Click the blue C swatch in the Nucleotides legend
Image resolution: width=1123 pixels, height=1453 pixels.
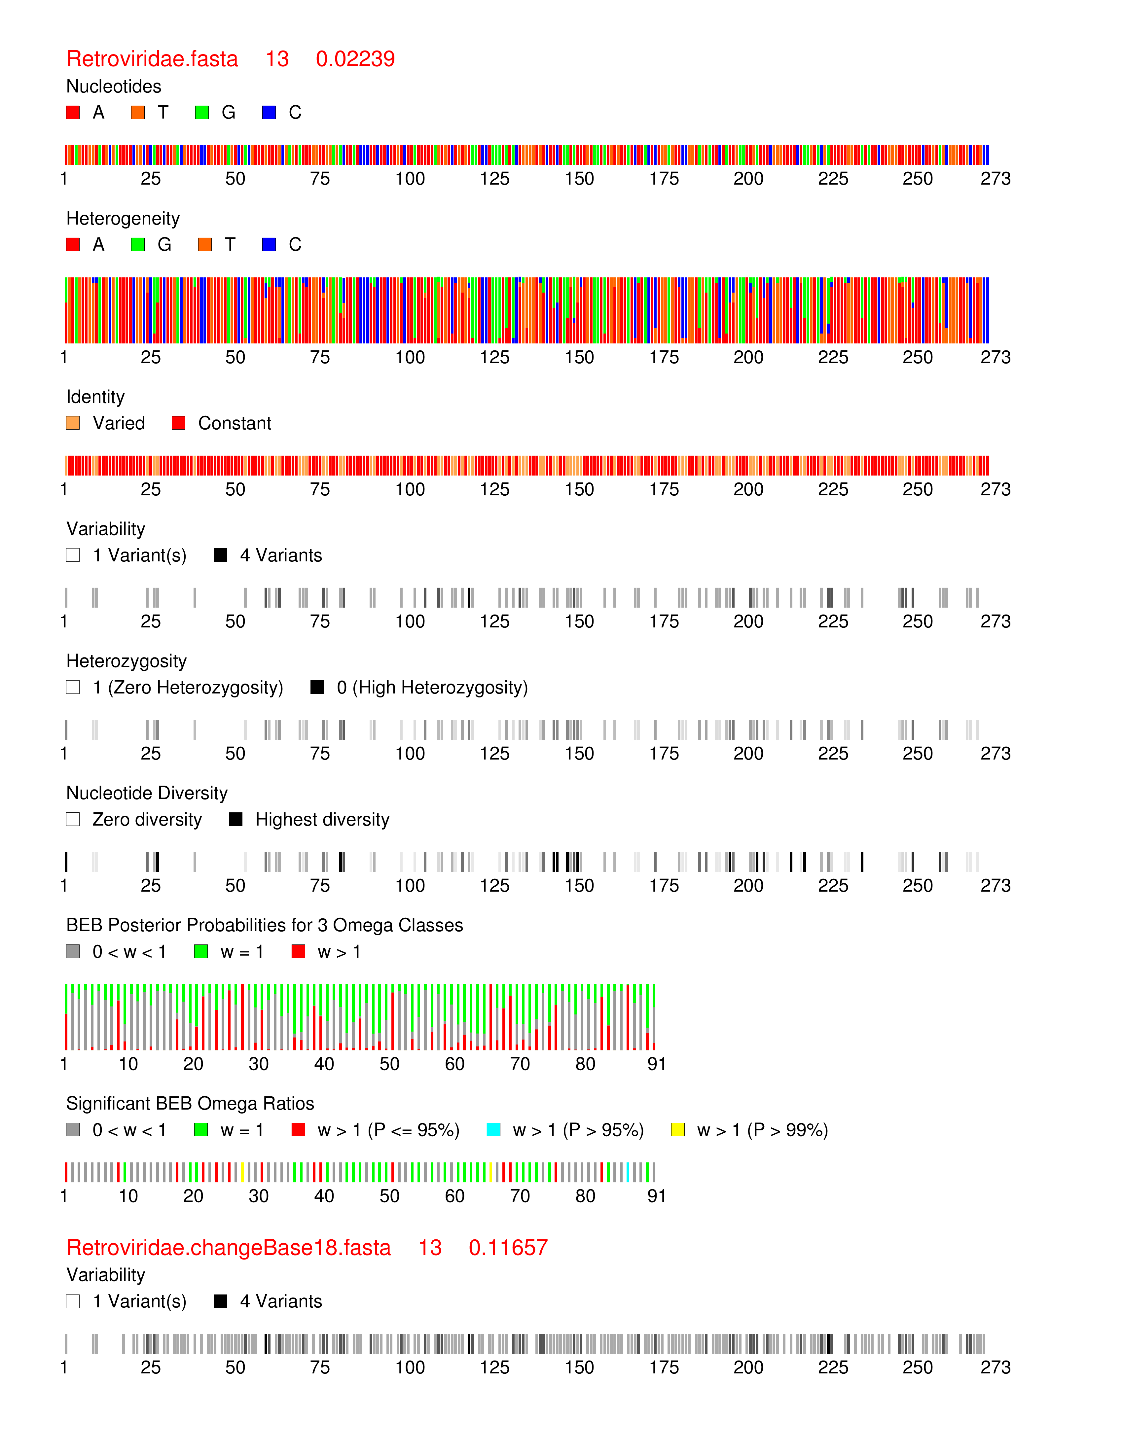(x=269, y=112)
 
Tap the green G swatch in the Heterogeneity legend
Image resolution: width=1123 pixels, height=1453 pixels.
(x=138, y=245)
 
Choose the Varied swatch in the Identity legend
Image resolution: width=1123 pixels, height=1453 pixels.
(x=73, y=423)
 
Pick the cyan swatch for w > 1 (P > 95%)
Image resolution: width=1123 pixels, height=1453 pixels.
(x=494, y=1130)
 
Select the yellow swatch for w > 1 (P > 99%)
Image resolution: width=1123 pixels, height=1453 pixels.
(x=678, y=1130)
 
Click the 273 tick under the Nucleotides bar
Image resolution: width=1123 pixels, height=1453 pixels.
(x=995, y=179)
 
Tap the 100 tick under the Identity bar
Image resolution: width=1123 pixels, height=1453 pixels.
(x=410, y=490)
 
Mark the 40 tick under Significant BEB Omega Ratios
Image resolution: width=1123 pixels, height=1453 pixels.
(x=324, y=1196)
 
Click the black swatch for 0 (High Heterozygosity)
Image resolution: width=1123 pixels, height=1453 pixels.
(x=317, y=687)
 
